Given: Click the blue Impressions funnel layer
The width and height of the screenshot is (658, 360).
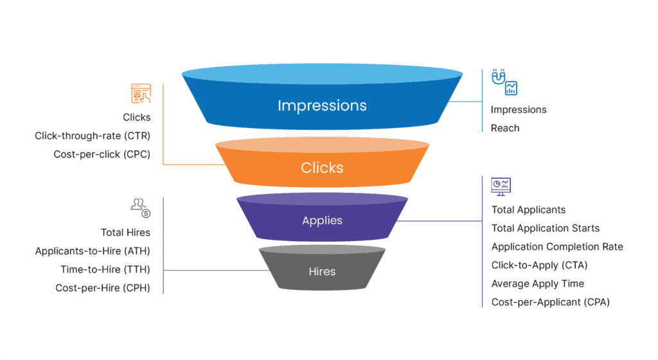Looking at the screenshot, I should click(x=322, y=105).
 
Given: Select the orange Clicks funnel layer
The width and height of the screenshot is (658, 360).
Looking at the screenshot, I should click(x=322, y=168).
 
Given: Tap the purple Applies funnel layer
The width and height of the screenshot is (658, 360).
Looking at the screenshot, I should click(x=322, y=221).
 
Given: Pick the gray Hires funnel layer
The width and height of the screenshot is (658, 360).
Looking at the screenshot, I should click(x=322, y=271).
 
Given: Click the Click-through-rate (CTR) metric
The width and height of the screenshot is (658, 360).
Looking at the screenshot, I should click(x=93, y=136).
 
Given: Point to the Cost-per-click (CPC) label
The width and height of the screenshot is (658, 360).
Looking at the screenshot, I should click(x=102, y=154).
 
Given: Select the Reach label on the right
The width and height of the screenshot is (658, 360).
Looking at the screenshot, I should click(x=505, y=128).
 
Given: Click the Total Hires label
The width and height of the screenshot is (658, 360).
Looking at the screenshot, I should click(x=125, y=232).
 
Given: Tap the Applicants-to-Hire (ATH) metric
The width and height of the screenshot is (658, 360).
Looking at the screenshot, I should click(x=93, y=251).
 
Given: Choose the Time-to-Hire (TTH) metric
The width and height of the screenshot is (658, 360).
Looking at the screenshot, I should click(x=105, y=269).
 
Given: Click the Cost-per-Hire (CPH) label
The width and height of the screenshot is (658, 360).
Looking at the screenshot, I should click(x=103, y=288).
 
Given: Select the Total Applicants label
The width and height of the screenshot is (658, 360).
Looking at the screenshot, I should click(x=528, y=210).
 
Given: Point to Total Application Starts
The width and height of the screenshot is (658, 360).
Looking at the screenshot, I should click(x=545, y=228).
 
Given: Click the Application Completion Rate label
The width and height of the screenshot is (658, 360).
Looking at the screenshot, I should click(x=557, y=247).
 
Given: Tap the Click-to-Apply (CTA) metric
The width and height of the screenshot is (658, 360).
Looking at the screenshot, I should click(x=539, y=265).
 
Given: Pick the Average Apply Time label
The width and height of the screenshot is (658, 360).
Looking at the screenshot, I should click(x=537, y=283).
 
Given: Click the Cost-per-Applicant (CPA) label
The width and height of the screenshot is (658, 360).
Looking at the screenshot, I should click(x=550, y=302).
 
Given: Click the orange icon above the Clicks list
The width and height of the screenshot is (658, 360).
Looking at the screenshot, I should click(x=141, y=94).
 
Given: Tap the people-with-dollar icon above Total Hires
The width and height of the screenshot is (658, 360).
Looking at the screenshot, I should click(x=140, y=207).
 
